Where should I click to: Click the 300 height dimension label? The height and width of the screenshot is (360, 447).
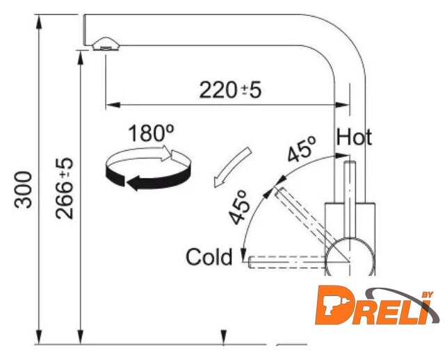[x=23, y=190]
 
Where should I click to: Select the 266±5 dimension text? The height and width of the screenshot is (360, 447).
[x=65, y=188]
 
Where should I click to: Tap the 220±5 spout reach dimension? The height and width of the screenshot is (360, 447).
[x=230, y=90]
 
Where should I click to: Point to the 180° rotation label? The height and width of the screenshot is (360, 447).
[x=151, y=133]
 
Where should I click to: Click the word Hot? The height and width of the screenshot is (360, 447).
[x=354, y=138]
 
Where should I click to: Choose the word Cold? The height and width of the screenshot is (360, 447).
[x=209, y=257]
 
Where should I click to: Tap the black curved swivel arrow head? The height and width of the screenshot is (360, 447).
[x=133, y=183]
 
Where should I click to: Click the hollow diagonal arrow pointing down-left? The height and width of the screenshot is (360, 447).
[x=232, y=167]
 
